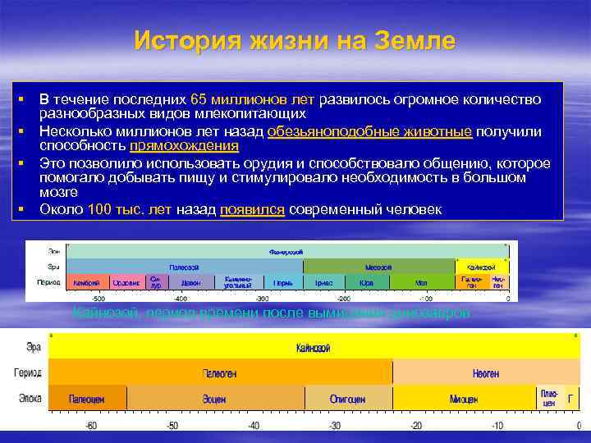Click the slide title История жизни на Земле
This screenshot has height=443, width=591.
[295, 40]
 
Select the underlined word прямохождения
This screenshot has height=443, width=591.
[184, 146]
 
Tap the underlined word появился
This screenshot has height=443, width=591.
[253, 209]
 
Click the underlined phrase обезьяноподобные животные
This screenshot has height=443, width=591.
[369, 131]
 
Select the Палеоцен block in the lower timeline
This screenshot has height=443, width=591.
[87, 399]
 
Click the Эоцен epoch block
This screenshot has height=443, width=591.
[214, 399]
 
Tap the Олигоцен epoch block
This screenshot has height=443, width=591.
[348, 399]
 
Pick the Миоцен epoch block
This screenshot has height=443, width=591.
[464, 399]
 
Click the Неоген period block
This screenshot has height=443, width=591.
[486, 373]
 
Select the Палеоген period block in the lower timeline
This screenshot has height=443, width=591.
[220, 373]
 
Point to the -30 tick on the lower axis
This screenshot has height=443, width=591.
[334, 427]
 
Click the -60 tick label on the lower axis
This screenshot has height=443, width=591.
[91, 427]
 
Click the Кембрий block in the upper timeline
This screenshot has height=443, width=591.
[87, 282]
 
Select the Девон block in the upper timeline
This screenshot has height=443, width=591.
[190, 282]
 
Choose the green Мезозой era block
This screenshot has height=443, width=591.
[378, 267]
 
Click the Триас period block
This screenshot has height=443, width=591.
[324, 282]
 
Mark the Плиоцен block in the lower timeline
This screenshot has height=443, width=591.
[549, 398]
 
